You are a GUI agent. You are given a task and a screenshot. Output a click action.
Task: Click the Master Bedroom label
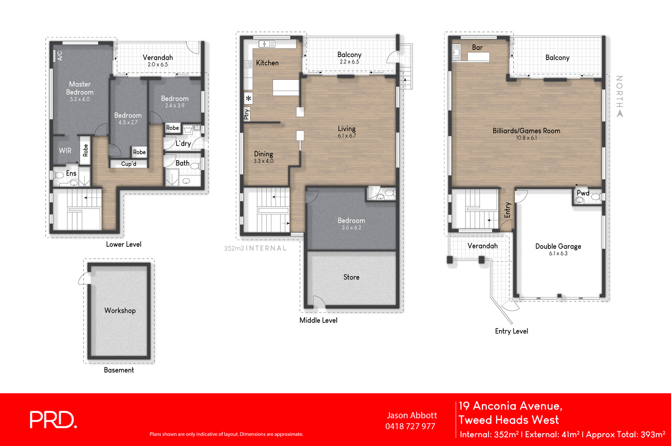click(x=80, y=88)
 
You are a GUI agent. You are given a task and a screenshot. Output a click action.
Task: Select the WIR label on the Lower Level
click(x=65, y=151)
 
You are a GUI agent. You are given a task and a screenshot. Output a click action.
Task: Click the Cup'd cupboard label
click(x=128, y=164)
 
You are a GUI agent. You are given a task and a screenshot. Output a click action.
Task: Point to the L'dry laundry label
click(x=183, y=143)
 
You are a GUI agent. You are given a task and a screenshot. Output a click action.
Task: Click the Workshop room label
click(x=120, y=310)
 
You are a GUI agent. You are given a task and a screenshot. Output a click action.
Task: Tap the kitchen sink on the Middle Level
click(x=267, y=44)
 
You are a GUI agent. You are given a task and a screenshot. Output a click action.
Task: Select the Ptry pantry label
click(x=247, y=114)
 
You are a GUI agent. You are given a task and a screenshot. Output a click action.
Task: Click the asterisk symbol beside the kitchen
click(x=249, y=99)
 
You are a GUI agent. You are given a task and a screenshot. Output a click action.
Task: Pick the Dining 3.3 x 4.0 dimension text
click(x=263, y=161)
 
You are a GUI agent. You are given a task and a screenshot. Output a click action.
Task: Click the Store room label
click(x=351, y=277)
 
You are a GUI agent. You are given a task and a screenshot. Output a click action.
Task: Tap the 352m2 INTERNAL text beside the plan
click(x=255, y=248)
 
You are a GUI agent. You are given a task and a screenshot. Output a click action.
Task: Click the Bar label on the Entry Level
click(x=477, y=48)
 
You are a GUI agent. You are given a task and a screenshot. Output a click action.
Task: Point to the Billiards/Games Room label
click(x=526, y=131)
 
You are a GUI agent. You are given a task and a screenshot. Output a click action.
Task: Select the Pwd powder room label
click(x=583, y=193)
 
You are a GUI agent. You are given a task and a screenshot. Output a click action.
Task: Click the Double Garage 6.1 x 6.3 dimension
click(x=558, y=253)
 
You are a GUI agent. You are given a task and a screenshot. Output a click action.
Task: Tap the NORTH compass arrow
click(x=620, y=113)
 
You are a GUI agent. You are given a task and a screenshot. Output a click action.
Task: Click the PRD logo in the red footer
click(x=53, y=420)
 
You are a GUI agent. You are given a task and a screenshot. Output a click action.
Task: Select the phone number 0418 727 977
click(x=410, y=426)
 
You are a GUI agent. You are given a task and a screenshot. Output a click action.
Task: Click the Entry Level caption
click(x=511, y=331)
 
